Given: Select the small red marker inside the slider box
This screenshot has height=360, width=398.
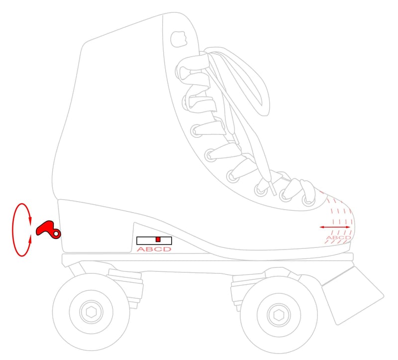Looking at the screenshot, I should click(x=158, y=240).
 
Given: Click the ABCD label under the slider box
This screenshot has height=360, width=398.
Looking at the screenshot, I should click(x=154, y=249).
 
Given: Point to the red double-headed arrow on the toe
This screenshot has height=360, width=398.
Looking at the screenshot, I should click(x=335, y=227).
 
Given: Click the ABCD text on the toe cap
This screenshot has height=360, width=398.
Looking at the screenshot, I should click(x=338, y=238).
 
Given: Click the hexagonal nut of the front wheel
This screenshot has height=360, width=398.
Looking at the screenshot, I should click(x=277, y=314).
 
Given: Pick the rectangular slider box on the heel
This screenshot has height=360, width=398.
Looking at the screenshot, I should click(x=154, y=240).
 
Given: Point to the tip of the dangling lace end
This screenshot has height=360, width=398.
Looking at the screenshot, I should click(x=273, y=191).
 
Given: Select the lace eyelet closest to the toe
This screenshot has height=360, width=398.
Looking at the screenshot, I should click(x=308, y=200).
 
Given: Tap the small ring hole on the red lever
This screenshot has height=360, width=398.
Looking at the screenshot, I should click(x=57, y=233).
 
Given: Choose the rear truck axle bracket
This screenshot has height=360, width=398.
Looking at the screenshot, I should click(x=122, y=284).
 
